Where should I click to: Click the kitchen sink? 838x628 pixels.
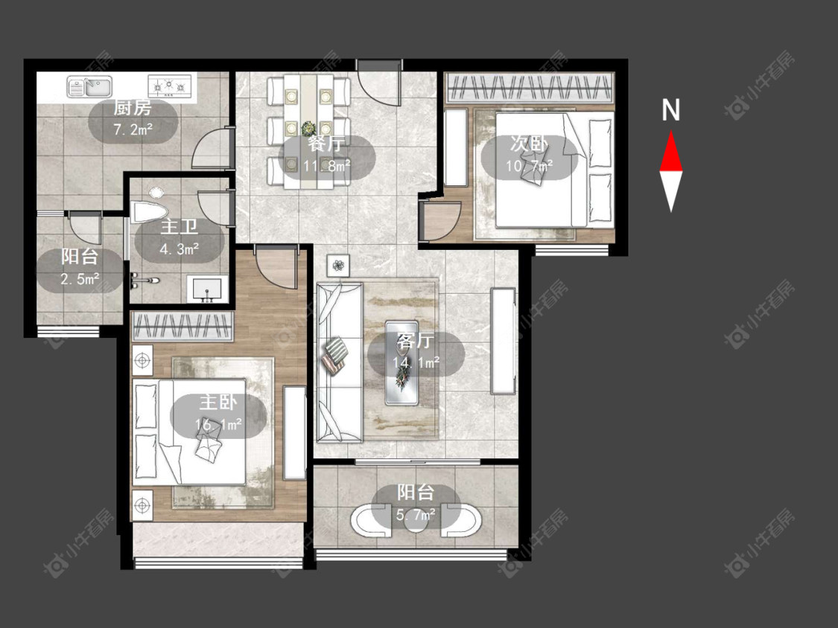pyautogui.click(x=90, y=86)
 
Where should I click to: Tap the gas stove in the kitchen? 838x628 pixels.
pyautogui.click(x=169, y=85)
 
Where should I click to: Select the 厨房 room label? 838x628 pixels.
pyautogui.click(x=133, y=109)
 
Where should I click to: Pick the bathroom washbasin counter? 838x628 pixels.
pyautogui.click(x=207, y=289)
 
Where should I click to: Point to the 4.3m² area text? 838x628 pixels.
pyautogui.click(x=180, y=249)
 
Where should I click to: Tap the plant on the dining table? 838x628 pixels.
pyautogui.click(x=308, y=129)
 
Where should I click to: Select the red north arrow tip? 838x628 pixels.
pyautogui.click(x=670, y=132)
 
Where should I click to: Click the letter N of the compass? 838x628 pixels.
pyautogui.click(x=670, y=110)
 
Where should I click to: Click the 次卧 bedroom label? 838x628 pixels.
pyautogui.click(x=529, y=143)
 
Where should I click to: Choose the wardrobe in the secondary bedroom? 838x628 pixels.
pyautogui.click(x=529, y=88)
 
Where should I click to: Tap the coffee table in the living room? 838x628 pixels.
pyautogui.click(x=402, y=362)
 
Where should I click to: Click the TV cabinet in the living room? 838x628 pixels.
pyautogui.click(x=503, y=342)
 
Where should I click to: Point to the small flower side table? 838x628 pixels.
pyautogui.click(x=338, y=265)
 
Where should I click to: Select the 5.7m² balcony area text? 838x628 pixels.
pyautogui.click(x=415, y=515)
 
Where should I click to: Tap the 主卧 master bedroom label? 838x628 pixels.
pyautogui.click(x=218, y=402)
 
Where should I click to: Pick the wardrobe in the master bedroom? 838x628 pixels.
pyautogui.click(x=182, y=327)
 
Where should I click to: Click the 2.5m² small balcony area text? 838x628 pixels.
pyautogui.click(x=80, y=279)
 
